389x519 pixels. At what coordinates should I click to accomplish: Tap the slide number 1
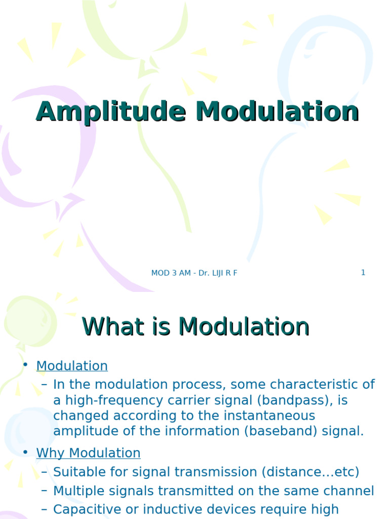pyautogui.click(x=363, y=273)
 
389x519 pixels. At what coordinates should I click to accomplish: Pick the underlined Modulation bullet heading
pyautogui.click(x=72, y=366)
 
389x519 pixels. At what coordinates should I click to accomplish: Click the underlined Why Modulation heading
pyautogui.click(x=88, y=453)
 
